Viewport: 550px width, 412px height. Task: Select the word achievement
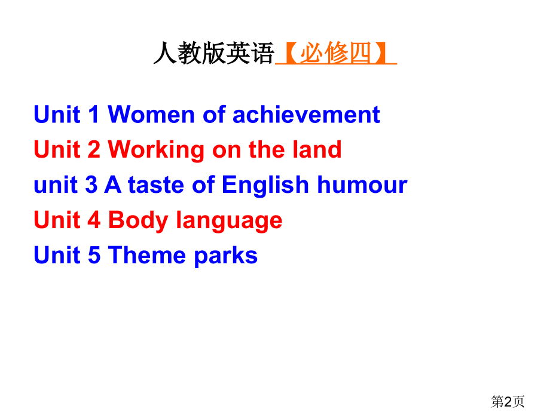point(306,115)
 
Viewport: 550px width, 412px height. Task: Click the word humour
point(362,185)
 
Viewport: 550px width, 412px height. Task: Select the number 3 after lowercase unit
point(91,185)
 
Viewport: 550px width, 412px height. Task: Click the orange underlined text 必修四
point(335,54)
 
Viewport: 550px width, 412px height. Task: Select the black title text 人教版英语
point(213,54)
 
